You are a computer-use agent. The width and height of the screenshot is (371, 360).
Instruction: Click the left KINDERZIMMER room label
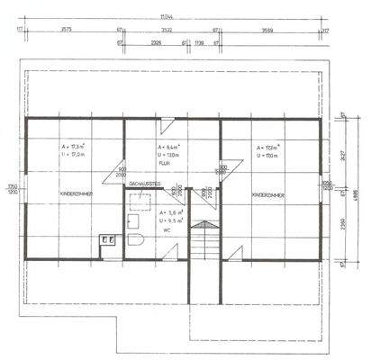coord(75,193)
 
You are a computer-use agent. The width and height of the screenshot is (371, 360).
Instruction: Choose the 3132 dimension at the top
coord(167,30)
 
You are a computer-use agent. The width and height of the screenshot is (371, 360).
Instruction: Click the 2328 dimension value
coord(156,42)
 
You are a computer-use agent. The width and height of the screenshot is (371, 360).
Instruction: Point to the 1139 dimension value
coord(199,42)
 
